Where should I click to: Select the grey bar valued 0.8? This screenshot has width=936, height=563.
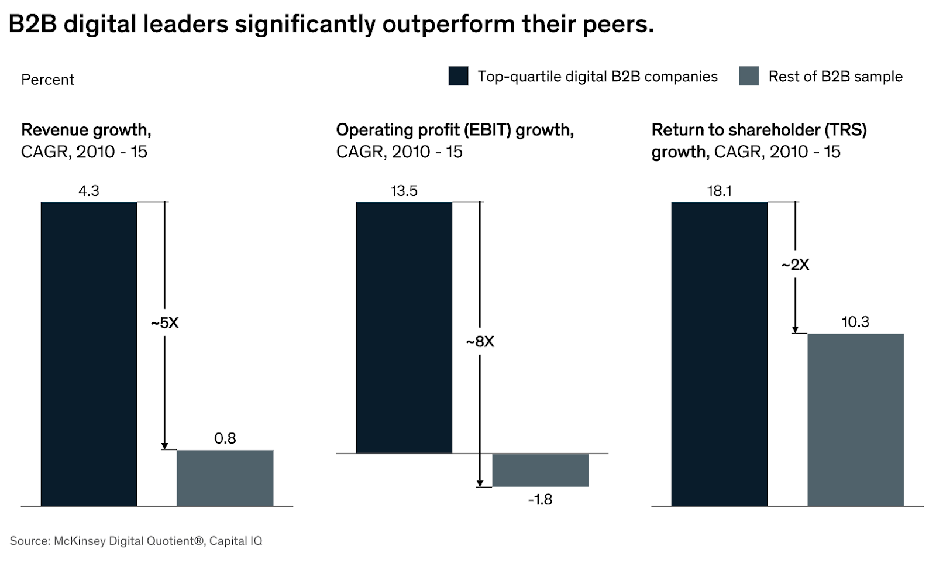point(225,478)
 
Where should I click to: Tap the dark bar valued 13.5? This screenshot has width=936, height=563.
point(404,328)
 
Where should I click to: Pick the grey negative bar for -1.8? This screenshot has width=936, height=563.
point(540,470)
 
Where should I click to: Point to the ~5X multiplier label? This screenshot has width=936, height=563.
point(165,323)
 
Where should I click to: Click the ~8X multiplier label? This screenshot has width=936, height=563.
point(480,342)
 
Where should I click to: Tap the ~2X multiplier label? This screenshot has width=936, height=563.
point(796,265)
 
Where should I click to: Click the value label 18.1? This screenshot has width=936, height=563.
point(719,191)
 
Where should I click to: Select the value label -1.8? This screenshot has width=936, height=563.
point(540,499)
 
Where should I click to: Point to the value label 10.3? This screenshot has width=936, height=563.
point(855,322)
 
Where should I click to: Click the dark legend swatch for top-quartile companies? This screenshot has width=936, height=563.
point(458,77)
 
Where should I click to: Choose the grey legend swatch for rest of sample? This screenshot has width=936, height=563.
point(749,77)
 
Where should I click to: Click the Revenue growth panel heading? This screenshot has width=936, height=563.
point(86,130)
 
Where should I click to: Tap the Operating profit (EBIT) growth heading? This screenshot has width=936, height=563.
point(455,130)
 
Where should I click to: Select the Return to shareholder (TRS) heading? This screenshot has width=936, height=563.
point(759,130)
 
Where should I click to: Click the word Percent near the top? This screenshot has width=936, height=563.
point(47,80)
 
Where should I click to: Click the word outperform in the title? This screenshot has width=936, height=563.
point(449,25)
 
